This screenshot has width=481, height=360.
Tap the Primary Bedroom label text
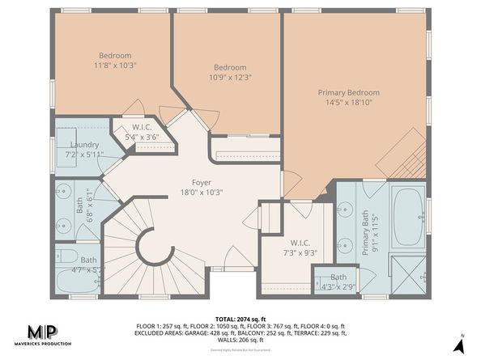[x=348, y=92]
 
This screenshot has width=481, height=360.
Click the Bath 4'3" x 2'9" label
[x=338, y=281]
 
